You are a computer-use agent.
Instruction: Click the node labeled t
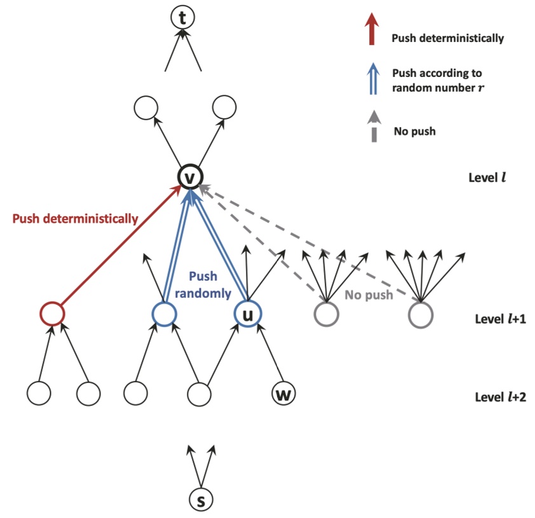coord(182,19)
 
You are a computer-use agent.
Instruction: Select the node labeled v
coord(189,177)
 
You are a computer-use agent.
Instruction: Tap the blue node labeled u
coord(248,314)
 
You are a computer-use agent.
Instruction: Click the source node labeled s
coord(201,500)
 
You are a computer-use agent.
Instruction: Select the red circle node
coord(52,314)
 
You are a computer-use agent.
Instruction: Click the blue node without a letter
coord(164,314)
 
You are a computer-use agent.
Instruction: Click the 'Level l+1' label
coord(498,319)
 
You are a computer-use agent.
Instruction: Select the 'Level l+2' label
coord(498,398)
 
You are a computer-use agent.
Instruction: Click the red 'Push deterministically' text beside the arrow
coord(76,219)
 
